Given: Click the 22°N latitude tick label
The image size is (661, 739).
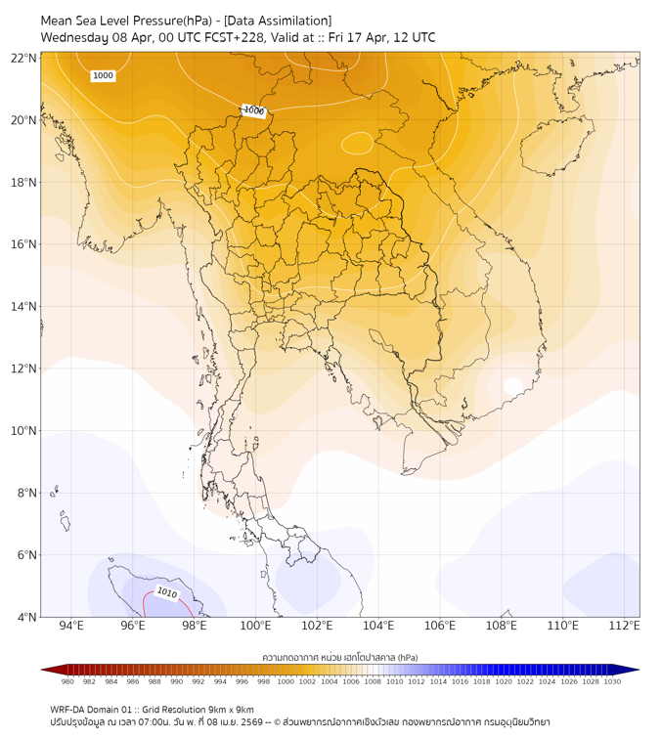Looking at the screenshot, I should (24, 59).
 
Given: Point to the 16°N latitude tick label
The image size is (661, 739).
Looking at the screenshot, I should (24, 244).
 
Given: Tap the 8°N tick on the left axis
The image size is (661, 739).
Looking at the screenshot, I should (26, 493).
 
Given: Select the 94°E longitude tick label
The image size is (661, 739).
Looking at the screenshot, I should (71, 626).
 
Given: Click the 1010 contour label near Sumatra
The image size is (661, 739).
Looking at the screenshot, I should (166, 592).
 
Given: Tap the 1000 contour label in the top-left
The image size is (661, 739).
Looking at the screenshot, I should (103, 75).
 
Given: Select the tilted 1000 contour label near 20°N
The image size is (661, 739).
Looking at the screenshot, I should (253, 110).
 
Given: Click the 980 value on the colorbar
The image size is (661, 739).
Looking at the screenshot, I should (67, 681).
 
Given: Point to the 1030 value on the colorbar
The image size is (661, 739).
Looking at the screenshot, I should (612, 681).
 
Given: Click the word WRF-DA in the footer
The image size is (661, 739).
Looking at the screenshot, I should (68, 710).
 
